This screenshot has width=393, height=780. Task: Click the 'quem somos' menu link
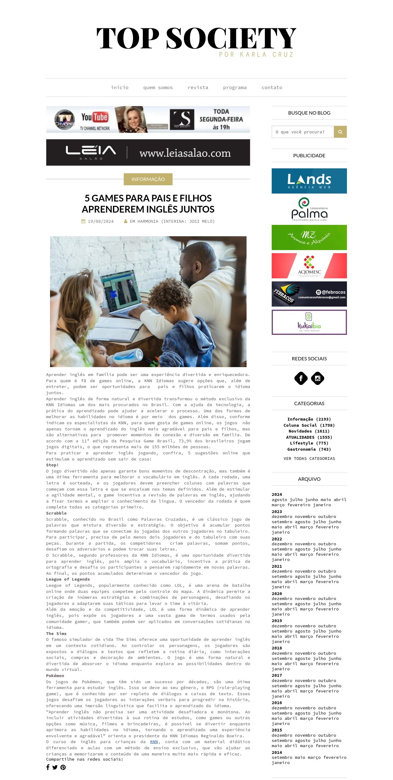pyautogui.click(x=158, y=88)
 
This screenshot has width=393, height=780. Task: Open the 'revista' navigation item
pyautogui.click(x=198, y=88)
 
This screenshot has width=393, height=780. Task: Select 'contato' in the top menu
pyautogui.click(x=272, y=88)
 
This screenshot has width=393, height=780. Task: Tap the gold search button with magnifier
pyautogui.click(x=340, y=132)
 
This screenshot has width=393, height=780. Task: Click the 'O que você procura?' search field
pyautogui.click(x=302, y=132)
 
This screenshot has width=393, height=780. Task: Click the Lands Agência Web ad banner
pyautogui.click(x=309, y=181)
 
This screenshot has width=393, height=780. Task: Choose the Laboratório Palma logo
pyautogui.click(x=309, y=209)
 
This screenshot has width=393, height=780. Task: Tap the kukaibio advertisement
pyautogui.click(x=309, y=322)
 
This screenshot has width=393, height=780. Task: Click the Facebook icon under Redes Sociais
pyautogui.click(x=301, y=378)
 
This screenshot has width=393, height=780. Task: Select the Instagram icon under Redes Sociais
pyautogui.click(x=317, y=378)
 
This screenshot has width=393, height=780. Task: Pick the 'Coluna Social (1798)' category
pyautogui.click(x=309, y=425)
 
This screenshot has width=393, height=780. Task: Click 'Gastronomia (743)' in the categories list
pyautogui.click(x=309, y=449)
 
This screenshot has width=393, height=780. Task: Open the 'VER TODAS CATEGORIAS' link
pyautogui.click(x=309, y=458)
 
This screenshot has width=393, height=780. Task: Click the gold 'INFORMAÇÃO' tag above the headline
pyautogui.click(x=148, y=179)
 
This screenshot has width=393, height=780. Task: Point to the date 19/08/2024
pyautogui.click(x=100, y=221)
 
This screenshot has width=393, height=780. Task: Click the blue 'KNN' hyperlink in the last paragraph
pyautogui.click(x=154, y=742)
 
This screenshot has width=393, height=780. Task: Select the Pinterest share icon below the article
pyautogui.click(x=63, y=767)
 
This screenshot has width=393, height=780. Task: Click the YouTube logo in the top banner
pyautogui.click(x=95, y=117)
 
